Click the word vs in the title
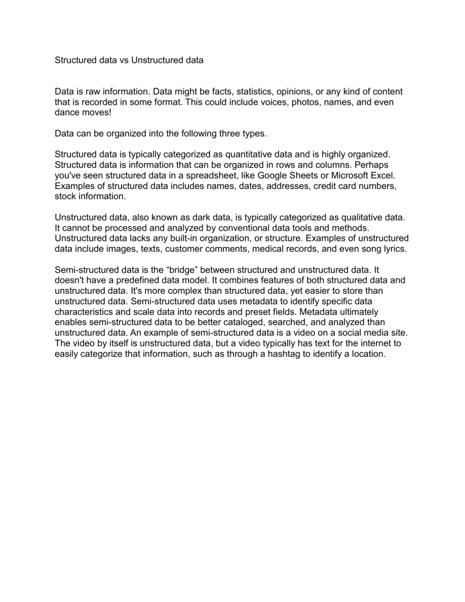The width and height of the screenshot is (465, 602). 125,60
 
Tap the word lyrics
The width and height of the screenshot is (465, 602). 396,248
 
